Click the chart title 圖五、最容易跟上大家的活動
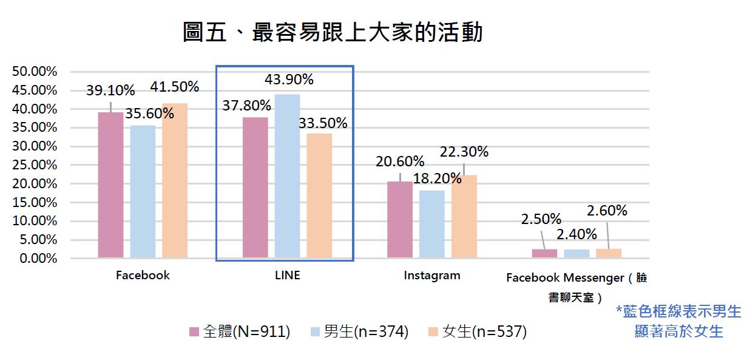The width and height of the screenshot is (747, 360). coord(333,32)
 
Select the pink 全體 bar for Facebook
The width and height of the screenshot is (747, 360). coord(110,185)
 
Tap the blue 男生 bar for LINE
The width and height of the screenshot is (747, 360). coord(287,176)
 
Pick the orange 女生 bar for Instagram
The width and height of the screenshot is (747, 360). coord(464,217)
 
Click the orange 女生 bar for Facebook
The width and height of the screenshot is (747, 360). coord(175,181)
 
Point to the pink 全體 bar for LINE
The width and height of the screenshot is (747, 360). coord(255,188)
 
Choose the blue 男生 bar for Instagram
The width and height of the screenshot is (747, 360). coord(431,224)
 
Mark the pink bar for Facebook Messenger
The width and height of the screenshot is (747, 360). coord(544,254)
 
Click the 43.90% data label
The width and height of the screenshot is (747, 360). coord(289,80)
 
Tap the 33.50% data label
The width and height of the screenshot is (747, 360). coord(323,124)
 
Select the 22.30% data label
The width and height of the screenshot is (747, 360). coord(464,152)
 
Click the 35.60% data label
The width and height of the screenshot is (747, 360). coord(149,114)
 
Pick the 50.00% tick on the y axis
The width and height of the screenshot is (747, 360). coord(35,72)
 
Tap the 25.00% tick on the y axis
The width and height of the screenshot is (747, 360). coord(35,165)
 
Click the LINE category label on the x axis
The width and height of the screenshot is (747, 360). coord(287,276)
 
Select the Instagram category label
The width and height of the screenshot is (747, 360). coord(432,276)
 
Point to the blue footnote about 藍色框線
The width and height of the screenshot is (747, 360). coord(678,321)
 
